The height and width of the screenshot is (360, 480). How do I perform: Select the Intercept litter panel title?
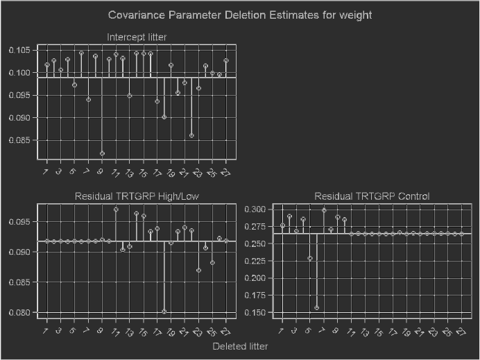pyautogui.click(x=137, y=37)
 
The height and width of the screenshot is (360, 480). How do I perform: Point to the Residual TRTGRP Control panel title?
pyautogui.click(x=372, y=196)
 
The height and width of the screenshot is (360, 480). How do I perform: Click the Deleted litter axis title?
pyautogui.click(x=240, y=346)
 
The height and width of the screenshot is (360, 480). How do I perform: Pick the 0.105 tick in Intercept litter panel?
pyautogui.click(x=19, y=50)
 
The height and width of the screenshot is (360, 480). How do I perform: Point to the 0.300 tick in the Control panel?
pyautogui.click(x=255, y=209)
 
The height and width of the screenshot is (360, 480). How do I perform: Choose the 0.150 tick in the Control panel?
pyautogui.click(x=255, y=313)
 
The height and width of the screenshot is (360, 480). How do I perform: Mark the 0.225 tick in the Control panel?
pyautogui.click(x=255, y=261)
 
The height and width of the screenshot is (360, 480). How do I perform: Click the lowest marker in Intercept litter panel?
pyautogui.click(x=102, y=153)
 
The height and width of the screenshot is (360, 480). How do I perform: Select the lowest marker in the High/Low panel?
pyautogui.click(x=164, y=311)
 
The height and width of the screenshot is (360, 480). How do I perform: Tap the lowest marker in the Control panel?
pyautogui.click(x=317, y=308)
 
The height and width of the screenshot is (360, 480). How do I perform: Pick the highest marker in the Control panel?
pyautogui.click(x=324, y=210)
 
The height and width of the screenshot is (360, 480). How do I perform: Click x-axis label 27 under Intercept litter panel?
pyautogui.click(x=225, y=171)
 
